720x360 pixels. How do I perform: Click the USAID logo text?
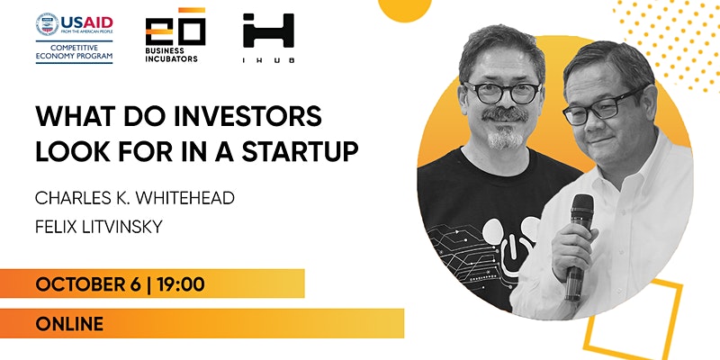point(86,22)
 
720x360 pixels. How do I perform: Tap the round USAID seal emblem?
point(48,24)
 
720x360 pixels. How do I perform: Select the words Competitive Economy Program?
point(75,51)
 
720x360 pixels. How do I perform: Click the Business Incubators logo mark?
point(175,26)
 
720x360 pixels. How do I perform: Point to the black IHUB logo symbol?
point(268,31)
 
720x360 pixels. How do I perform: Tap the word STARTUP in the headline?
point(301,152)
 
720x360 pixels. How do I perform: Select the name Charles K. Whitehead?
point(135,198)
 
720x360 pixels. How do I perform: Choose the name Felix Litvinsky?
point(99,227)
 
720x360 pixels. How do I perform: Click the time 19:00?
point(181,284)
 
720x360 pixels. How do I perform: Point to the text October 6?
point(87,284)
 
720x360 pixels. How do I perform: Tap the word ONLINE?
point(69,324)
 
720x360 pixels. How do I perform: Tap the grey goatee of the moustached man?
point(505,138)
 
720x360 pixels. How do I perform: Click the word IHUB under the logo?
point(268,60)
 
